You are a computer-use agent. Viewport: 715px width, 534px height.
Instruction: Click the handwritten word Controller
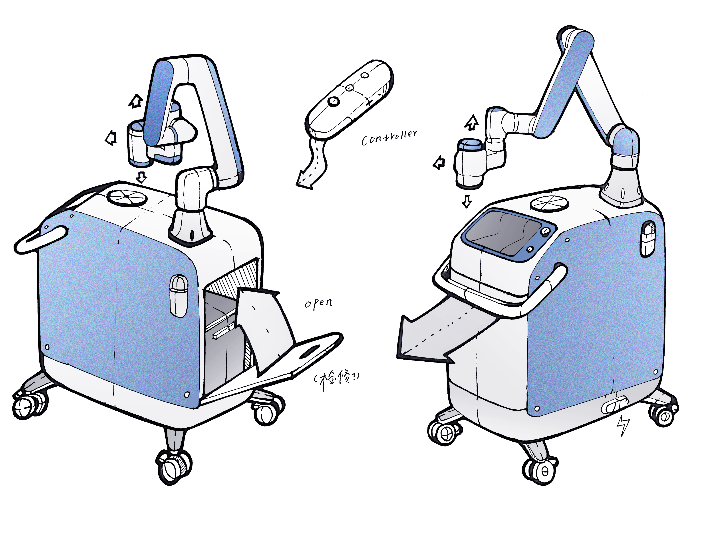[x=389, y=138]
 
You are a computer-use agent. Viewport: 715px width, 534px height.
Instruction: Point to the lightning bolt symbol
[x=623, y=425]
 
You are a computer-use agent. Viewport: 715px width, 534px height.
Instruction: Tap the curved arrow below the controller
[x=313, y=165]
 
